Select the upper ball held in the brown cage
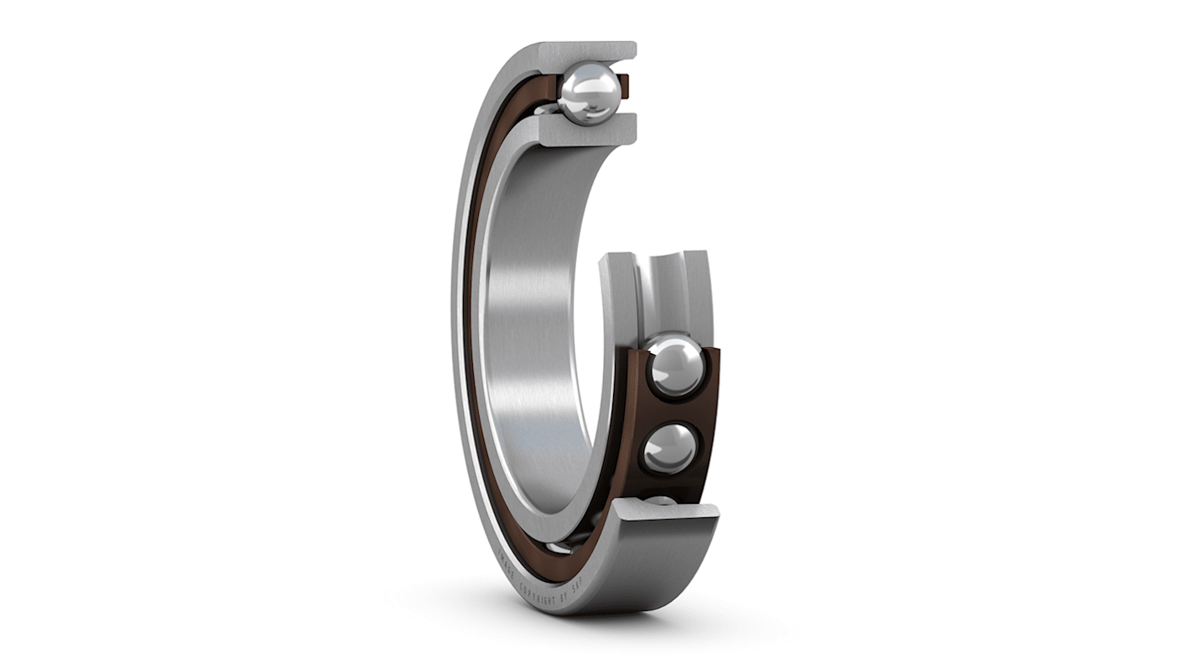pos(676,366)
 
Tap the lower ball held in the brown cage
pos(669,448)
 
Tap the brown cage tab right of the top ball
pos(623,84)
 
